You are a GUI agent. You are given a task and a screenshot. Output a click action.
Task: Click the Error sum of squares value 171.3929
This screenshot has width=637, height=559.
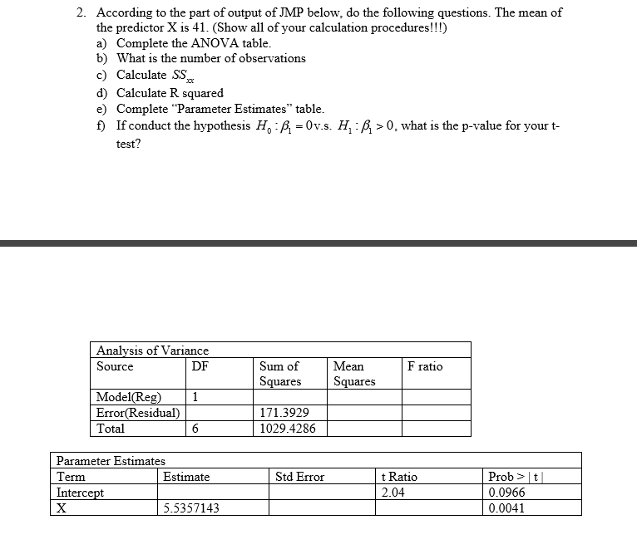(284, 412)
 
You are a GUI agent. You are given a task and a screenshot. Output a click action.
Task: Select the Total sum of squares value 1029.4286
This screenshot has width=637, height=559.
(288, 429)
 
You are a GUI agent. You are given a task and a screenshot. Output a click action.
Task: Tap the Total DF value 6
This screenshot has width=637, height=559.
(195, 429)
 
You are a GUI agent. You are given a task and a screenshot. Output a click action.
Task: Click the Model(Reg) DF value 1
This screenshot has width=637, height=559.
(195, 396)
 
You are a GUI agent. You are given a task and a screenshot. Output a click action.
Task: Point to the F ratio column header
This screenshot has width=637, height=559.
(425, 366)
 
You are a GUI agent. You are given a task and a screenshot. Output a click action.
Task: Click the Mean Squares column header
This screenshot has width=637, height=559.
(354, 374)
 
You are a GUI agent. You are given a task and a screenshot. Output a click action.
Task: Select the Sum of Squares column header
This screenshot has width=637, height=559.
(280, 374)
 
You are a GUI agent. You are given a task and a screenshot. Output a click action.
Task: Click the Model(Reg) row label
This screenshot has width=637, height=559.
(129, 396)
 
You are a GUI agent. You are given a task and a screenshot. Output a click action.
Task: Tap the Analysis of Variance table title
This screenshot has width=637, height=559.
(152, 351)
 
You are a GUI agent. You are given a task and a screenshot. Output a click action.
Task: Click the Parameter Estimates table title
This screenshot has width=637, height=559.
(111, 460)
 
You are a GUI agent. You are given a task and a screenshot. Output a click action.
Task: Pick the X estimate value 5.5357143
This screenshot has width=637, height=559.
(191, 508)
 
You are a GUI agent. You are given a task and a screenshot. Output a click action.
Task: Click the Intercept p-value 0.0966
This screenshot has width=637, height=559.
(506, 493)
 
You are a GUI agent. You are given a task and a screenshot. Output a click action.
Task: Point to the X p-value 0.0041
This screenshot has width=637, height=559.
(506, 508)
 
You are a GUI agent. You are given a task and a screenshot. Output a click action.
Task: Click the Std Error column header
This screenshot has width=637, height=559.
(299, 477)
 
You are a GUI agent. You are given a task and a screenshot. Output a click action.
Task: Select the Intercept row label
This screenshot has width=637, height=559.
(81, 493)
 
